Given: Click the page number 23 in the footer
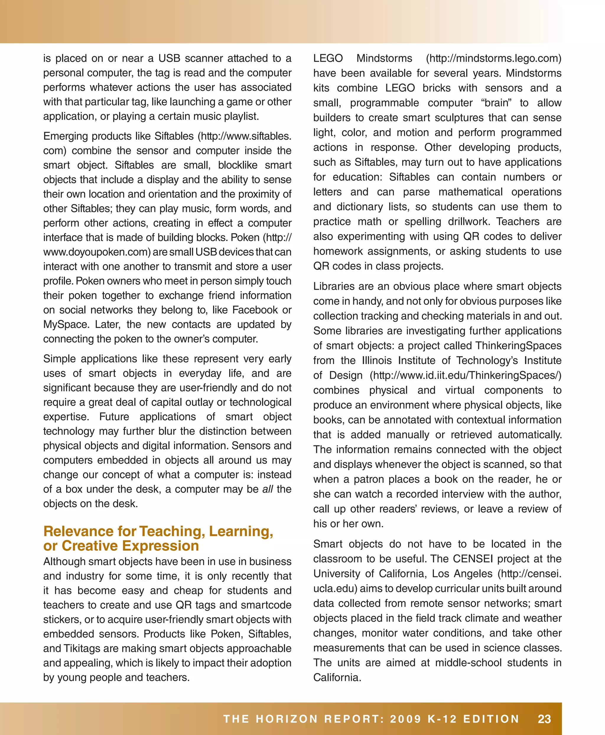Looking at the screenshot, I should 544,719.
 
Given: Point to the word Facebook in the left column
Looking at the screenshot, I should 255,310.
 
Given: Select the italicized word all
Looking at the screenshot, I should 267,489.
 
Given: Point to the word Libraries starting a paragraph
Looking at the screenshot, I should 334,286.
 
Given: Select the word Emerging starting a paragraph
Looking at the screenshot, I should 65,136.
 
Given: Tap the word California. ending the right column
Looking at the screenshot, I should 337,677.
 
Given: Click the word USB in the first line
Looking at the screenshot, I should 169,58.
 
